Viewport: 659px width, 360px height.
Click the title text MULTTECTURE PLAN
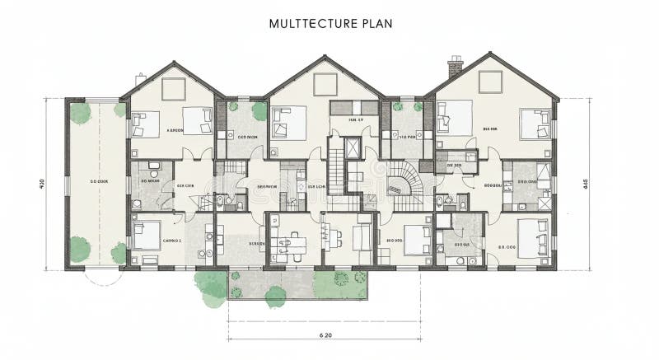(x=330, y=23)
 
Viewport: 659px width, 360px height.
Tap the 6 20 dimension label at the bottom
(x=325, y=334)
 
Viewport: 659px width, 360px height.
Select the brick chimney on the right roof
(x=456, y=66)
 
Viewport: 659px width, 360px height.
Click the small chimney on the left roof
(x=141, y=77)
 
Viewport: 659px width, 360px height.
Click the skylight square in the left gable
(x=174, y=86)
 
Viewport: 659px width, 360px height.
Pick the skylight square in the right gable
(x=490, y=81)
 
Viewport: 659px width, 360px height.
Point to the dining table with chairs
(x=290, y=244)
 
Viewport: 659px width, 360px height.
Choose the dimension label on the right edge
(x=585, y=183)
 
